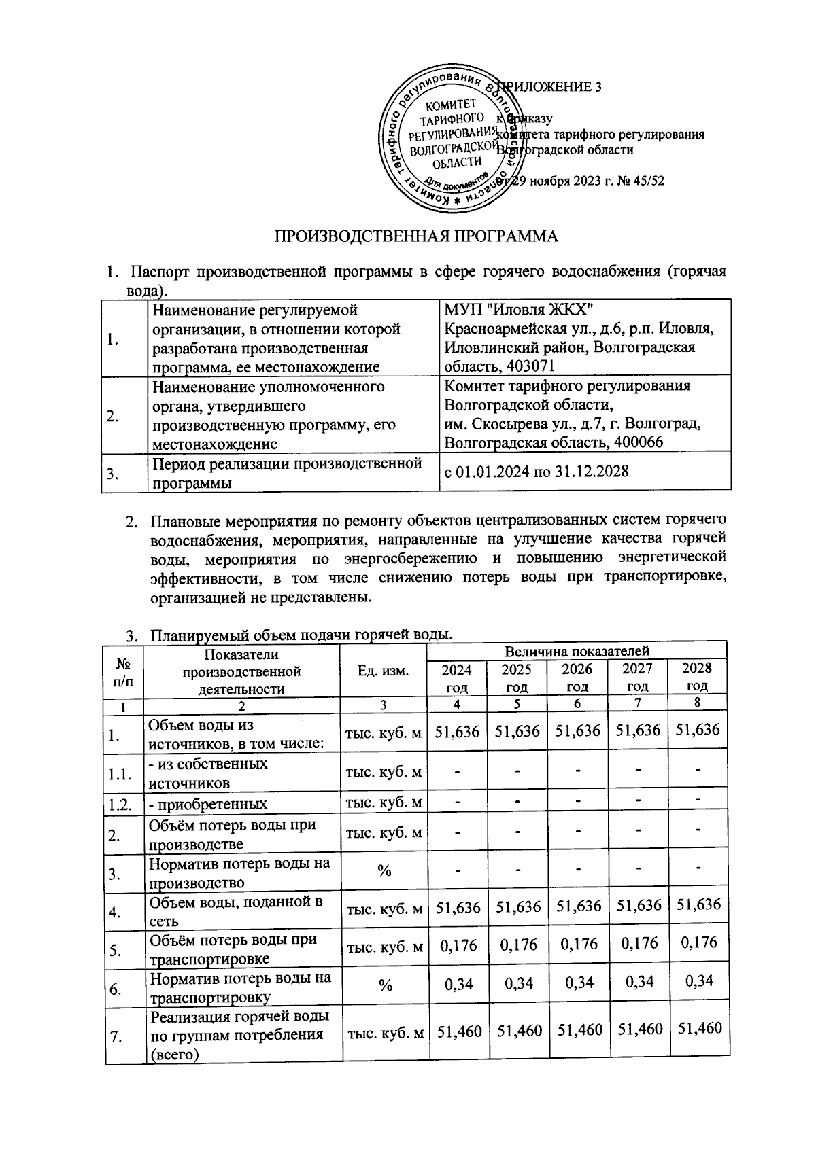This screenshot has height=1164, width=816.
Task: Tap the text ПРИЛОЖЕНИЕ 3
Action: coord(551,87)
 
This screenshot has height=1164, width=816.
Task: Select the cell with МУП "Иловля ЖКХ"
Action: coord(518,310)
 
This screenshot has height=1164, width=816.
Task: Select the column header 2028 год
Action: coord(697,677)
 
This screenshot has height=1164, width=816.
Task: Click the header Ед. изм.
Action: coord(384,671)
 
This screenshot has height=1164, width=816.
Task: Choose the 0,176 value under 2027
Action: coord(638,945)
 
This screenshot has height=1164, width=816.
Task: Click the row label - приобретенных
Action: coord(208,804)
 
